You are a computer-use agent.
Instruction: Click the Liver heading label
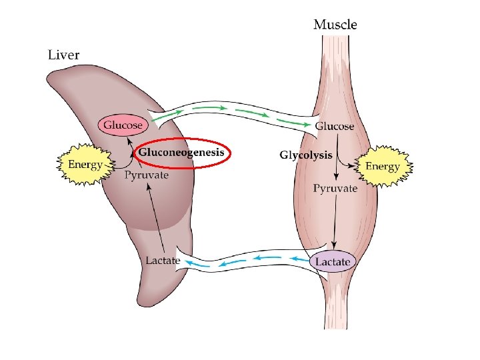(63, 55)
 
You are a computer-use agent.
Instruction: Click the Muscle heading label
(335, 25)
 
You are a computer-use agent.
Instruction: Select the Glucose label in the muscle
(334, 126)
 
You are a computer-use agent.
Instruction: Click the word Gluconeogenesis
(181, 153)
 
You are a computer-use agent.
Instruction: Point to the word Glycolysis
(305, 155)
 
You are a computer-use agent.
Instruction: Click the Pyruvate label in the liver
(147, 175)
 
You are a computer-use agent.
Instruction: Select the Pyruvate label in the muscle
(335, 189)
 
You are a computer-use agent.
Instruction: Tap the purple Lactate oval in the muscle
(333, 262)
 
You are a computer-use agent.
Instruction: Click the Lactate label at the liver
(163, 260)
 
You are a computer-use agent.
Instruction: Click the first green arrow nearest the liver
(166, 114)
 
